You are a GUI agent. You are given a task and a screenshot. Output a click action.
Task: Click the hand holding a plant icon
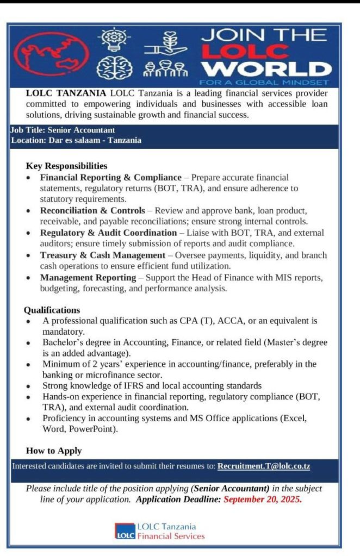point(163,42)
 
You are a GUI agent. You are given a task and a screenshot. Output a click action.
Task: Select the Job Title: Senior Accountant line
point(63,130)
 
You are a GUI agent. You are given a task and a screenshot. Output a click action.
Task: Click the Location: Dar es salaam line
point(76,140)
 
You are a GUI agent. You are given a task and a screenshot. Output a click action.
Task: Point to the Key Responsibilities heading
point(66,166)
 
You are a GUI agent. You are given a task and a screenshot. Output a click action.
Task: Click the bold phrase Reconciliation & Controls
point(92,210)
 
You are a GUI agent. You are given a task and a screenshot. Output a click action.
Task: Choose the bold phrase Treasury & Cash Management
point(102,255)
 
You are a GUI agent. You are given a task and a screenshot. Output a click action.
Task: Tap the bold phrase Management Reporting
point(88,278)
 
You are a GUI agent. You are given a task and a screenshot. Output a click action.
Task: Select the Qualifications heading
point(52,310)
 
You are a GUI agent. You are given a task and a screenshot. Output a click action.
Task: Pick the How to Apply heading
point(54,450)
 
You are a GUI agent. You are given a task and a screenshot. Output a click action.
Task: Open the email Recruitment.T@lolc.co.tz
point(264,466)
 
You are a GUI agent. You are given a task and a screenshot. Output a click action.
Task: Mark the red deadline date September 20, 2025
point(262,499)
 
